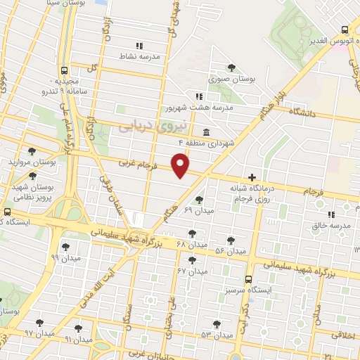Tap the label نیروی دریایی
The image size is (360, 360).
[144, 126]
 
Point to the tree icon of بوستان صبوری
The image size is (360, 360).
[231, 68]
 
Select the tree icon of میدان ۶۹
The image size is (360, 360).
[199, 200]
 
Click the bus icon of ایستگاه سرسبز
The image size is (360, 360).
[248, 279]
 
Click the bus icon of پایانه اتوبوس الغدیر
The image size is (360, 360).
[344, 30]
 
